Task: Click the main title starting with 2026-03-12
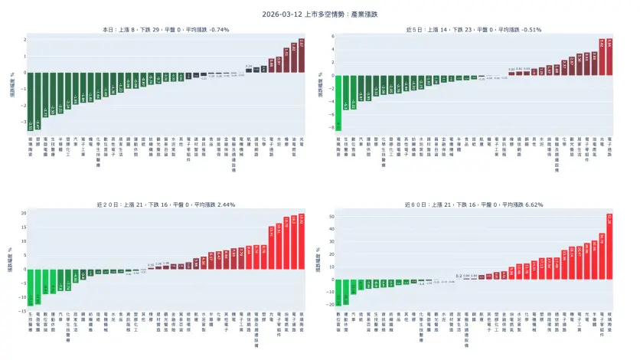pyautogui.click(x=319, y=14)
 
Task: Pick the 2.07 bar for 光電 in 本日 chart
pyautogui.click(x=301, y=56)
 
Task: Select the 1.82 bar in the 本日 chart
pyautogui.click(x=292, y=58)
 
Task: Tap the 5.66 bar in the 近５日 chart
pyautogui.click(x=611, y=57)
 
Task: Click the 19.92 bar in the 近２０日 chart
pyautogui.click(x=301, y=242)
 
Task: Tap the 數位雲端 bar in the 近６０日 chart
pyautogui.click(x=338, y=293)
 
